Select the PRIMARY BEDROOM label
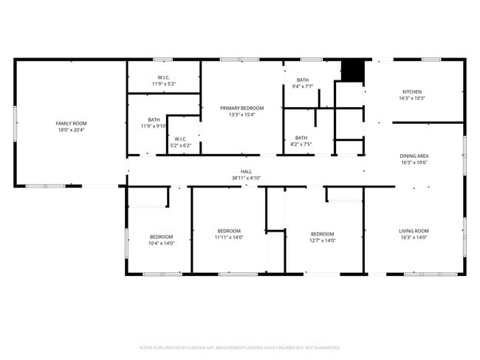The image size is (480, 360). tap(241, 108)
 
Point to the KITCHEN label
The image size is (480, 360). tap(412, 91)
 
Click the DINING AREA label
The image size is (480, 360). tap(414, 156)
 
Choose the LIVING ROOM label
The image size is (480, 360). tap(414, 231)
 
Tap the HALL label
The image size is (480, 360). tap(246, 172)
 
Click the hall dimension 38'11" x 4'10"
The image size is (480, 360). tap(246, 179)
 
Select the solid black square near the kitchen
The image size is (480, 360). tap(352, 71)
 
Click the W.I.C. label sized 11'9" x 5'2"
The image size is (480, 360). tap(163, 77)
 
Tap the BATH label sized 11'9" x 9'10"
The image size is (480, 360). tap(154, 120)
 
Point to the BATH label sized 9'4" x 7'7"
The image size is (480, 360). tap(303, 80)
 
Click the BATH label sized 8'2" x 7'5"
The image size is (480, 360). tap(301, 137)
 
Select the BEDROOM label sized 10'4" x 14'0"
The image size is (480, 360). tap(161, 236)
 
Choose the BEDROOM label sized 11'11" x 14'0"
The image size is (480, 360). tap(229, 231)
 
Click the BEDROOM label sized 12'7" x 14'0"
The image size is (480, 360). tap(323, 234)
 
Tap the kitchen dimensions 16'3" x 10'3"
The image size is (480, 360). tap(412, 98)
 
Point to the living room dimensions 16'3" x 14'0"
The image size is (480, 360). tap(414, 238)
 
